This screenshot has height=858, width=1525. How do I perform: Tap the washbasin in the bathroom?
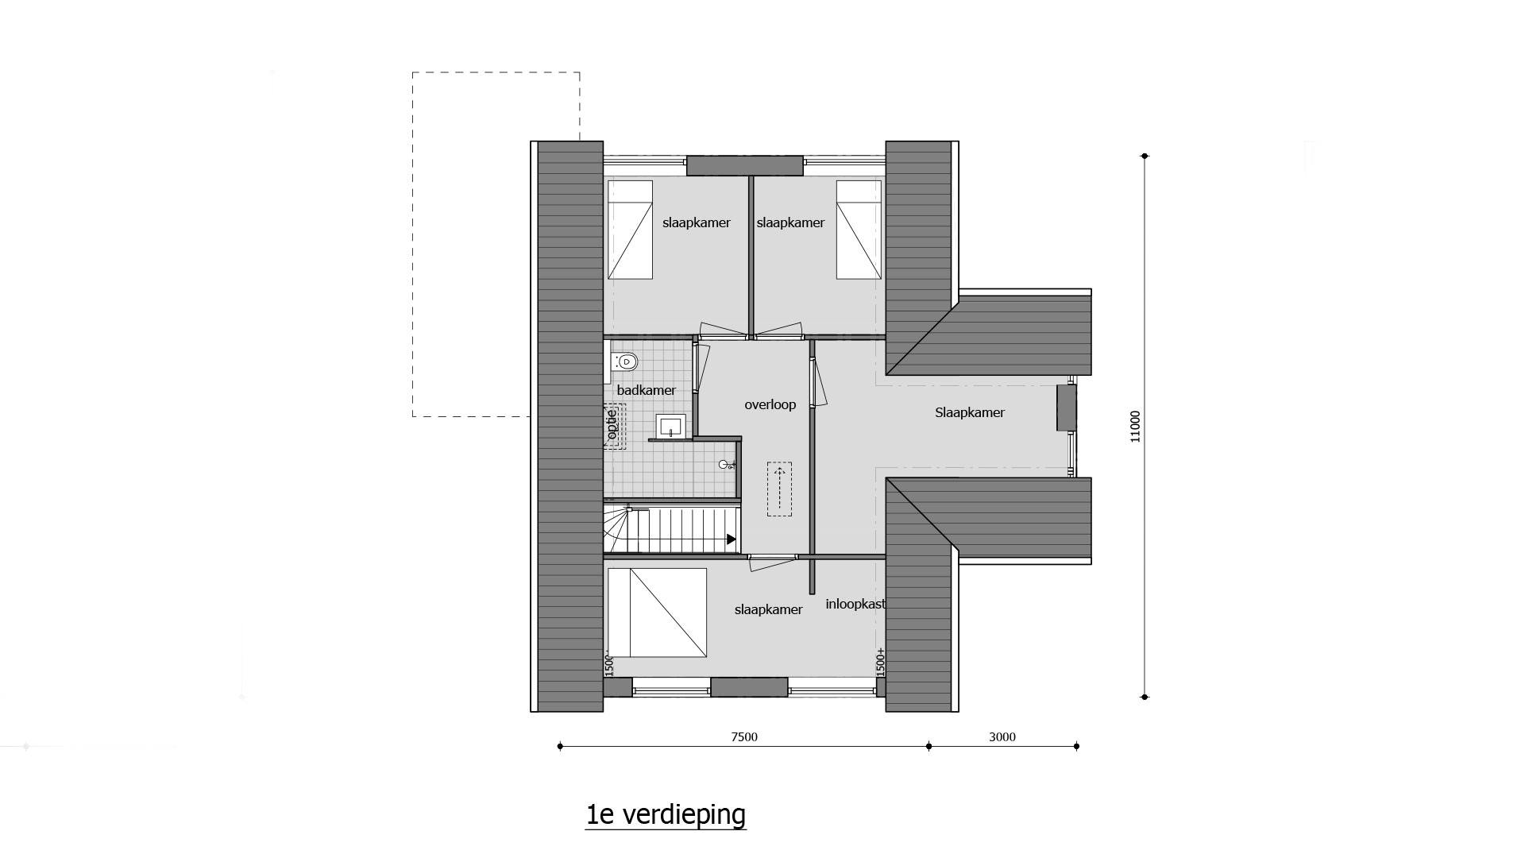671,427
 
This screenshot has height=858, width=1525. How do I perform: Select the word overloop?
770,405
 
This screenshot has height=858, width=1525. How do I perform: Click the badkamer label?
647,390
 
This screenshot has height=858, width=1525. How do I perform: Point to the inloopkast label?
855,604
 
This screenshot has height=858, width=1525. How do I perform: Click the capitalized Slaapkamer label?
970,412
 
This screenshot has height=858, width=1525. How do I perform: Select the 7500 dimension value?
744,736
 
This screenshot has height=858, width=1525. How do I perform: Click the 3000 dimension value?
1002,736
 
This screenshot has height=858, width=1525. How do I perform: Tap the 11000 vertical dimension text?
1135,427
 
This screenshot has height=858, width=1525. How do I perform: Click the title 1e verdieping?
666,815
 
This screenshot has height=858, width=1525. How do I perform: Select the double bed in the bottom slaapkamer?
657,613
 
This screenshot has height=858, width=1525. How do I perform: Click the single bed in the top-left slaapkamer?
630,230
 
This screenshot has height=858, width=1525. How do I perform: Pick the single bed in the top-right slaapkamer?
859,230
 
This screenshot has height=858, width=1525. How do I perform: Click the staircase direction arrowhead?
731,540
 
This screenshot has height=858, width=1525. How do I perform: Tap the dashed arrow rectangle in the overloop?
780,489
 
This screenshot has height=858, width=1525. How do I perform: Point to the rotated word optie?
612,423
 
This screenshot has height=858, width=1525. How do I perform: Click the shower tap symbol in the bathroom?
726,465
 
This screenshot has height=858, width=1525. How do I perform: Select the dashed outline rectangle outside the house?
496,244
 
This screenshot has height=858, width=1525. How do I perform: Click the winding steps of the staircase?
617,528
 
